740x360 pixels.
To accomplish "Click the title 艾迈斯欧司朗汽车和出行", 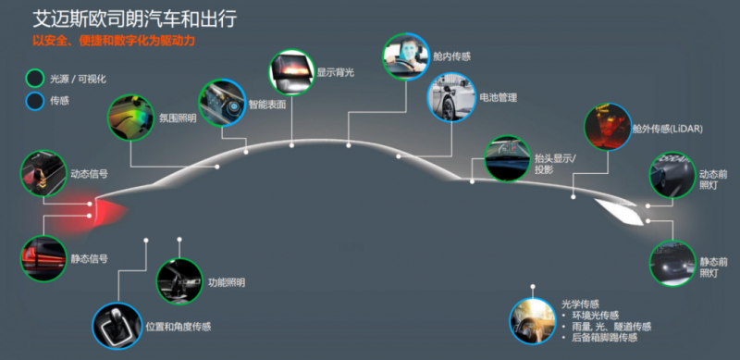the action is [x=134, y=19].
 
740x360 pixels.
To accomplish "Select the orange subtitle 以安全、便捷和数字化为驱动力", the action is [x=113, y=41].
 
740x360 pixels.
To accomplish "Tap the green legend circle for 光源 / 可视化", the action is [x=35, y=79].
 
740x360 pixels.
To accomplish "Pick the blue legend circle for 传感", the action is [x=35, y=101].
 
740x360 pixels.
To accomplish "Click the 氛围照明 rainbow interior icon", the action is [x=130, y=118].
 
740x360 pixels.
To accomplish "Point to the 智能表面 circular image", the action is [x=222, y=102].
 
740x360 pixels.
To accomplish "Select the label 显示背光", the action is [x=335, y=72].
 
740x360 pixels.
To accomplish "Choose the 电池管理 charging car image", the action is [x=451, y=97].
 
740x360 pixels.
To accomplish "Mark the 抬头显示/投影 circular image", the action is [x=508, y=158].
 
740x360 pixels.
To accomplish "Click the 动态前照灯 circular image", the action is [x=672, y=175].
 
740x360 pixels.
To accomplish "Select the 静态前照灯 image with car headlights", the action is [x=672, y=263].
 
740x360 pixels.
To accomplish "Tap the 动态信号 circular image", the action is [x=43, y=173].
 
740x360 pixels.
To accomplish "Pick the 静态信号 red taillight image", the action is [x=43, y=258].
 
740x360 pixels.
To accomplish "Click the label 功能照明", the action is [x=227, y=282].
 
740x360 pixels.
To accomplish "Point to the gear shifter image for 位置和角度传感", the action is [x=117, y=326].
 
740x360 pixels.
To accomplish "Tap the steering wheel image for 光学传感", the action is [x=534, y=321].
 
